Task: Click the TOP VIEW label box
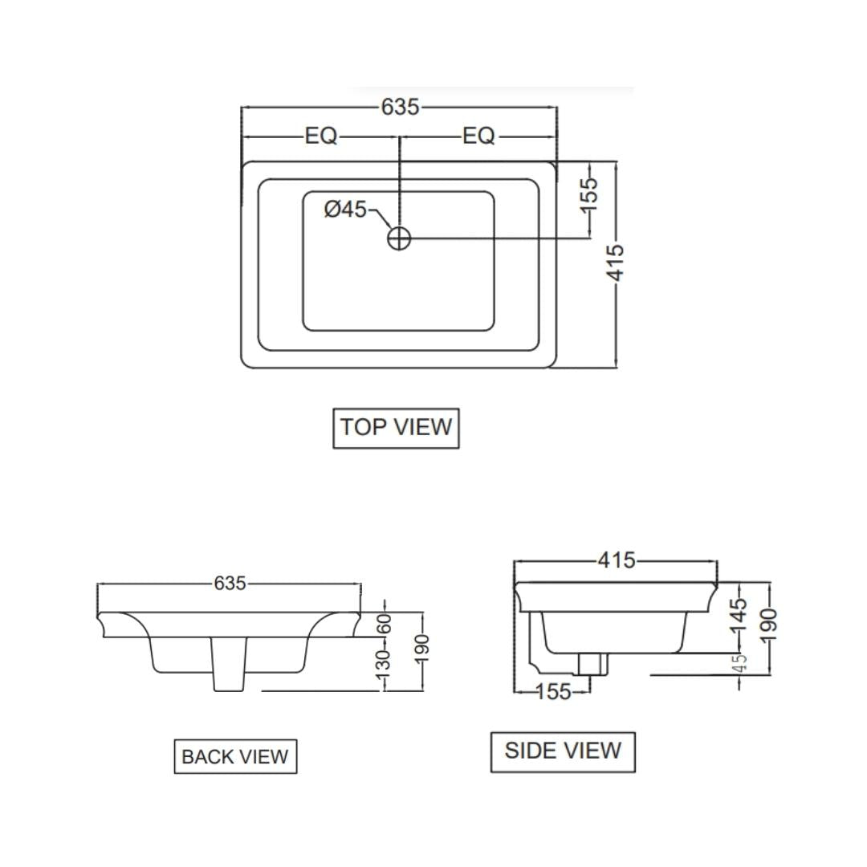(x=396, y=427)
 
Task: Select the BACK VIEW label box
(x=235, y=756)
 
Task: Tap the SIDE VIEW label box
(x=563, y=751)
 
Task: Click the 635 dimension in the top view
(x=400, y=107)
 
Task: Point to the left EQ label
(x=321, y=136)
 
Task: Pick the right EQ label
(x=479, y=136)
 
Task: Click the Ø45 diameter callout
(x=345, y=210)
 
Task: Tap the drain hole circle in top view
(x=399, y=238)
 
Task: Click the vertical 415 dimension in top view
(x=616, y=262)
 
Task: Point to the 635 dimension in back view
(x=230, y=584)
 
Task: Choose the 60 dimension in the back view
(x=385, y=622)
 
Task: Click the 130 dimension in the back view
(x=385, y=661)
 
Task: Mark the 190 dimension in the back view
(x=423, y=648)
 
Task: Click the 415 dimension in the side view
(x=617, y=560)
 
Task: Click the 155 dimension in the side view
(x=552, y=691)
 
